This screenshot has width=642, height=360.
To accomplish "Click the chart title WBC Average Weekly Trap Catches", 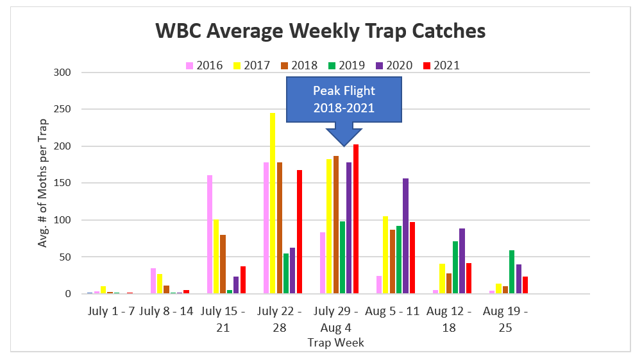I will click(x=321, y=31).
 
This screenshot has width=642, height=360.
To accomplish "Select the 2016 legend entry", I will click(x=205, y=65).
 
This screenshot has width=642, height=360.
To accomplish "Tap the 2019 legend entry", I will click(x=347, y=65).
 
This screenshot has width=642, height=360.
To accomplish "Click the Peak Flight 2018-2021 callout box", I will click(x=344, y=99).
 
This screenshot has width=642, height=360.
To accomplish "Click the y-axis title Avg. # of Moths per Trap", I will click(x=44, y=183).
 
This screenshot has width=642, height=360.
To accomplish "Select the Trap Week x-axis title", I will click(x=335, y=343).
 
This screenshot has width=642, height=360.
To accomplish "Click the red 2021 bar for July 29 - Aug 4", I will click(x=356, y=219).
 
